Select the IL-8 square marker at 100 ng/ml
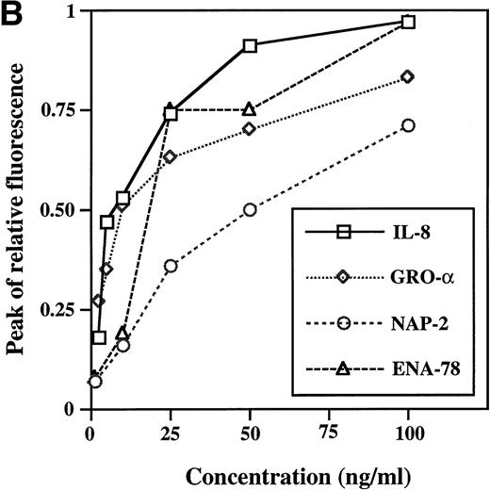(x=407, y=22)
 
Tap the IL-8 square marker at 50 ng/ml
(x=250, y=45)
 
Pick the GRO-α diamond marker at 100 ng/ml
(x=407, y=76)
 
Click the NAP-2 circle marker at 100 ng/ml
(x=407, y=125)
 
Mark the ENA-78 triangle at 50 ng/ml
(x=250, y=109)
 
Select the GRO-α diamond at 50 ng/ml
(x=250, y=128)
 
